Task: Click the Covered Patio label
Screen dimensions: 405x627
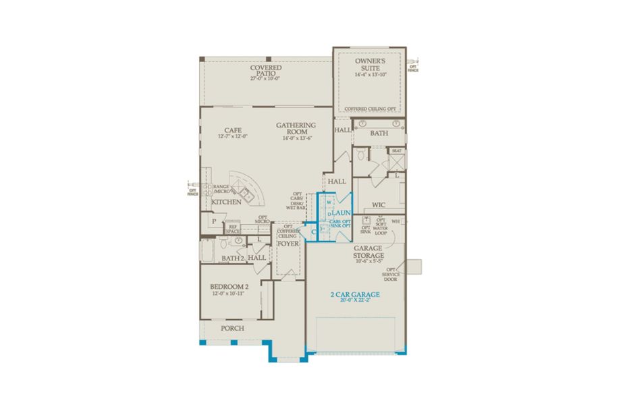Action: pos(265,68)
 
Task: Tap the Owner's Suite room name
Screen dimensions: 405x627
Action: pos(369,63)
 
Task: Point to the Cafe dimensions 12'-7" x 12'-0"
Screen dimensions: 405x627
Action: pos(233,136)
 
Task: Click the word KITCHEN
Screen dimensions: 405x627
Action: pos(226,202)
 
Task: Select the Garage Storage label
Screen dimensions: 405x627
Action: pos(369,252)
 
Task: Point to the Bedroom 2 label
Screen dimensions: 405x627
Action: pos(229,286)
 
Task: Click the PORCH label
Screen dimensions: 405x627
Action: pos(232,329)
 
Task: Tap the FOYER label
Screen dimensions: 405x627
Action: pos(288,243)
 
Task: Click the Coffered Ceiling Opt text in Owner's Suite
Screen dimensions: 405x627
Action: pos(369,109)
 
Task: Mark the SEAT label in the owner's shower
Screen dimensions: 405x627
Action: pos(396,151)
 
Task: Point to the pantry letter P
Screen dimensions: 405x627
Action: pos(213,221)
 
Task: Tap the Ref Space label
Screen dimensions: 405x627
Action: pos(233,229)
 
